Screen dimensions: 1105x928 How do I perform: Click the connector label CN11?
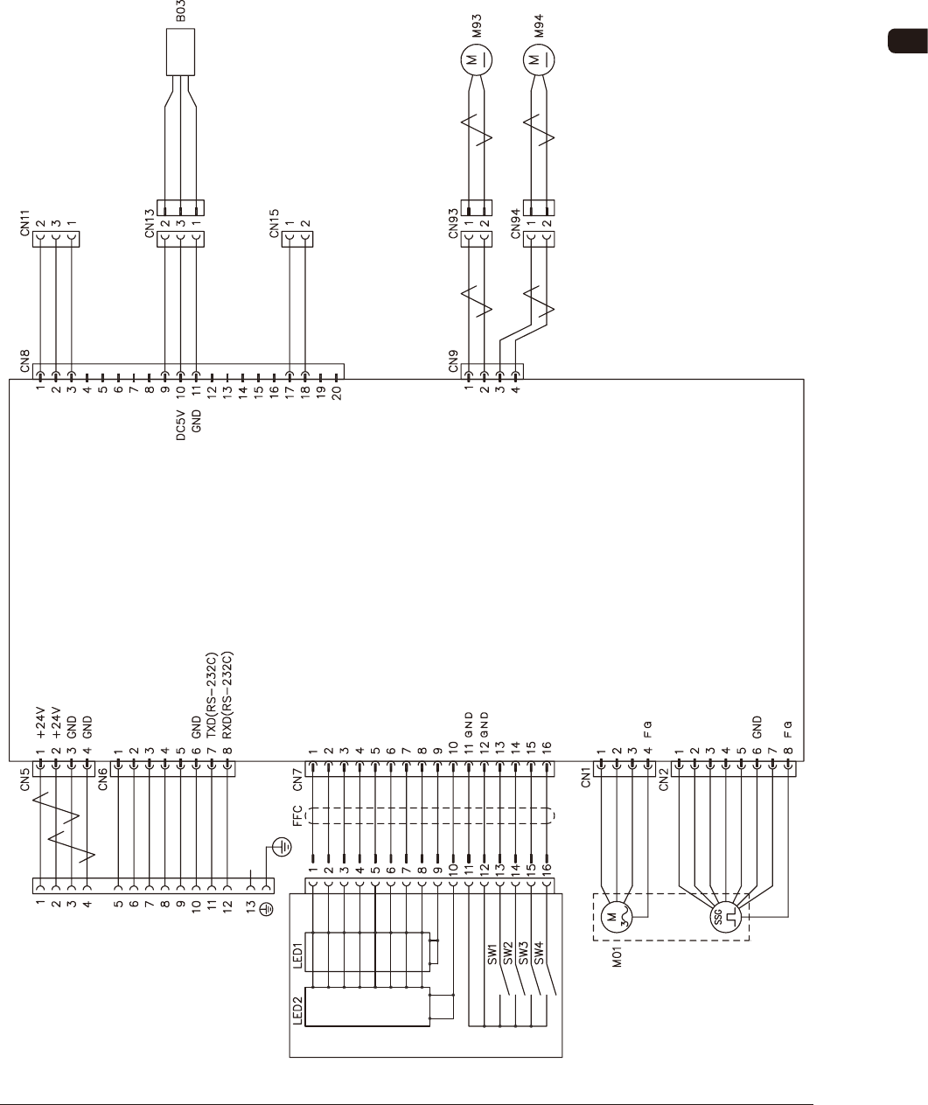(24, 224)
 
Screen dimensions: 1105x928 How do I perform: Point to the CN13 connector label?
(150, 224)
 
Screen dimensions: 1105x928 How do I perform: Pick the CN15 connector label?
(275, 224)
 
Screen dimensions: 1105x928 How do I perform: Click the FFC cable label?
(297, 815)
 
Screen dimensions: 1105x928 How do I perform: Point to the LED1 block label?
(297, 956)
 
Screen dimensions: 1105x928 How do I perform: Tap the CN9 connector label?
(453, 362)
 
